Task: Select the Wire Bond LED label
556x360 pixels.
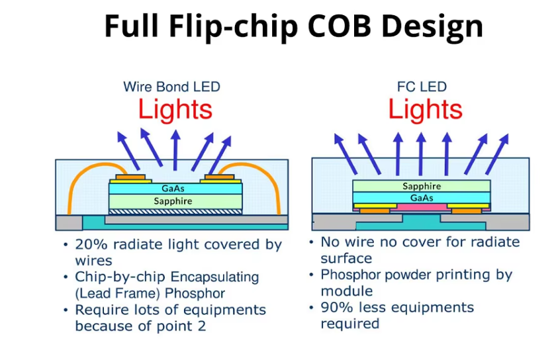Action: (x=171, y=87)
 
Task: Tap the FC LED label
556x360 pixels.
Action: (x=422, y=87)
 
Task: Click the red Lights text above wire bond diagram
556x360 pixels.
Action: (x=175, y=109)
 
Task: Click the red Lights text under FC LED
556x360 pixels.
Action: (x=425, y=109)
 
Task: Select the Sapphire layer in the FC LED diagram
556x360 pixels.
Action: (x=422, y=186)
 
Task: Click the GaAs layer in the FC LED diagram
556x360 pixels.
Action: (x=422, y=197)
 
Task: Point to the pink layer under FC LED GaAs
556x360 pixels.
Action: (x=422, y=207)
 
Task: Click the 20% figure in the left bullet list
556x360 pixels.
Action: (x=89, y=245)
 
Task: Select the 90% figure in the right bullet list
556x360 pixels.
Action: (x=336, y=308)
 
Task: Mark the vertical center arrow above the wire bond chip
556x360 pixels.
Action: (x=175, y=150)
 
